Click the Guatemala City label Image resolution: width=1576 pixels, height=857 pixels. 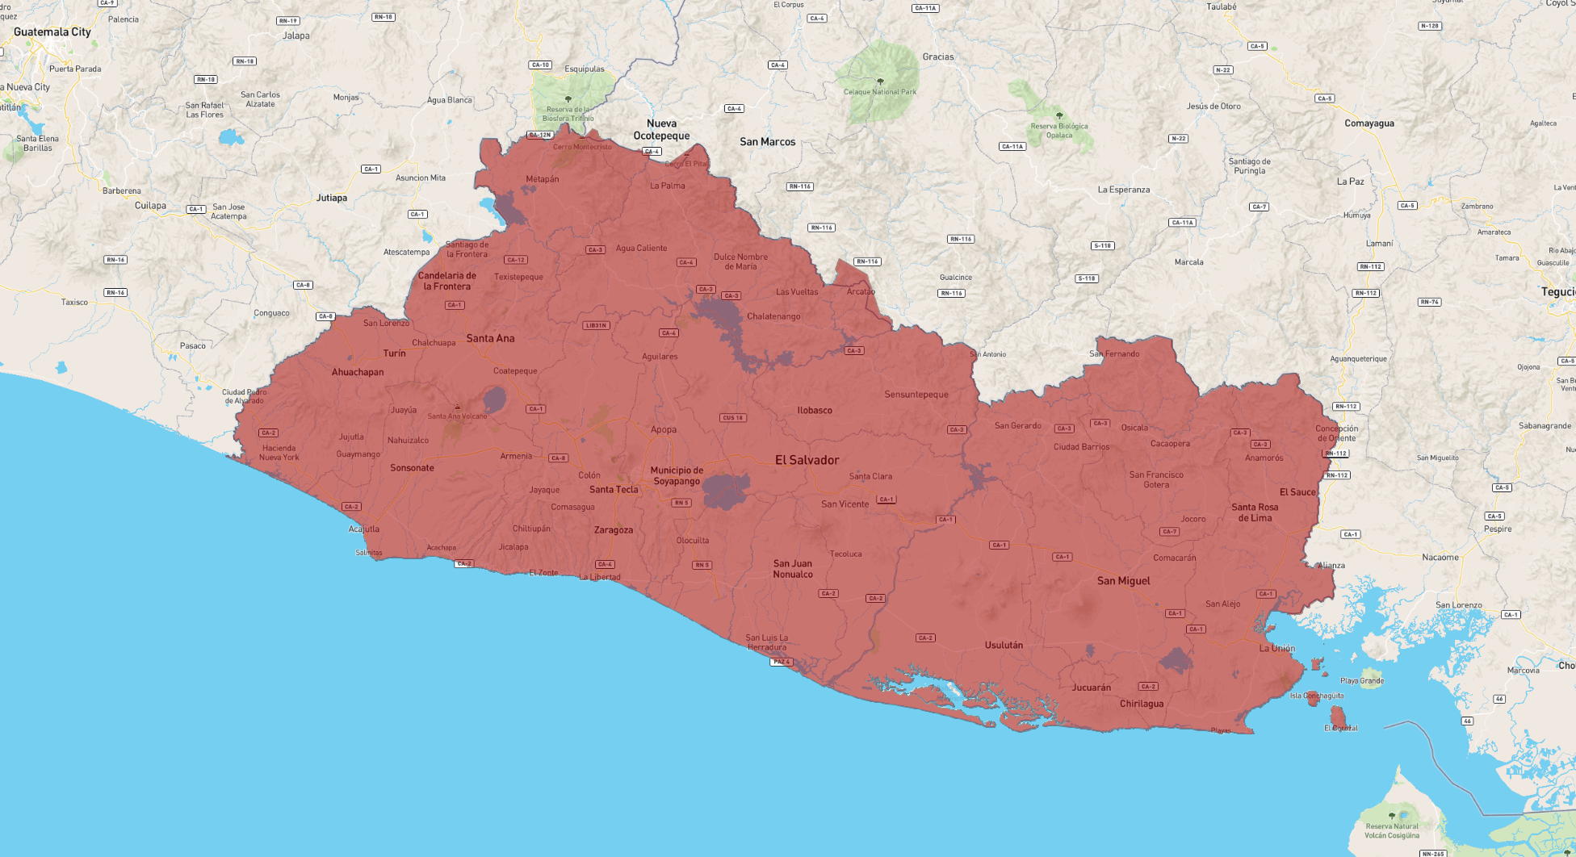(52, 32)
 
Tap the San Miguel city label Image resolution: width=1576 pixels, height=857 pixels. (1123, 581)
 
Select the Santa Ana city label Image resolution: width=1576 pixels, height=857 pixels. (490, 338)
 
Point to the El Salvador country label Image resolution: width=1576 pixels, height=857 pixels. (807, 460)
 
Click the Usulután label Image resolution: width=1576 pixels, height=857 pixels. (1004, 645)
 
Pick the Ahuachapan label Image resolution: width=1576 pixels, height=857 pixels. (358, 372)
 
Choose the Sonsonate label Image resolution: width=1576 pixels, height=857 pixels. (412, 468)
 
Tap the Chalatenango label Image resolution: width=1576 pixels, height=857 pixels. (773, 316)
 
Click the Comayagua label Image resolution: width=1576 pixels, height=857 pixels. (1369, 123)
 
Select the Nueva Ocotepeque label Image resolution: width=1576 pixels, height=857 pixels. (661, 130)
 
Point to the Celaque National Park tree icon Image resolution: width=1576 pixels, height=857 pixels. (880, 82)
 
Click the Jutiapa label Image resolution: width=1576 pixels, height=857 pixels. (332, 198)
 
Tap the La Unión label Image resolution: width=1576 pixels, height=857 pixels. (1276, 648)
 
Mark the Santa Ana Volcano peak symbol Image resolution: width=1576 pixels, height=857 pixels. (457, 407)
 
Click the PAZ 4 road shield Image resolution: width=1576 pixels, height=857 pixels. (781, 662)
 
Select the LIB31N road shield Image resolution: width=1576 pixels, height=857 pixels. (596, 325)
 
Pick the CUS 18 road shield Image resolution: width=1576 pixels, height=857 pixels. (733, 418)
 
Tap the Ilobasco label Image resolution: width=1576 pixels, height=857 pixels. (814, 410)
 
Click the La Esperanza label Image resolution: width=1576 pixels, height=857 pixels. (1123, 190)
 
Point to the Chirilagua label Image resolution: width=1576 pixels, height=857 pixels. (1142, 704)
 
